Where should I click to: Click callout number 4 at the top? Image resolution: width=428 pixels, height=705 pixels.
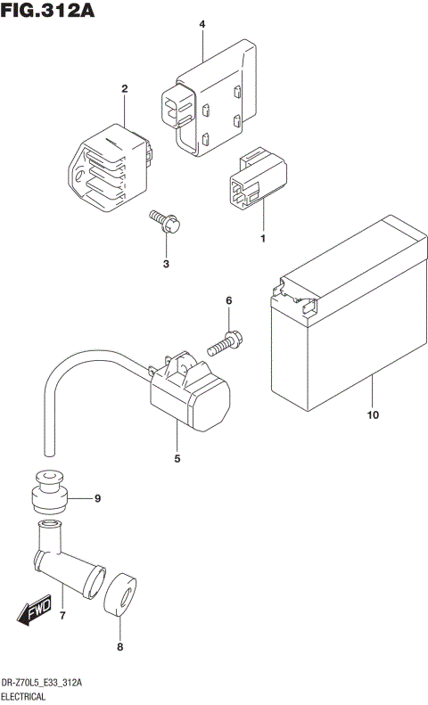(x=202, y=24)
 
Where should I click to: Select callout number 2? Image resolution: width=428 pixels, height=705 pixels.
(x=124, y=88)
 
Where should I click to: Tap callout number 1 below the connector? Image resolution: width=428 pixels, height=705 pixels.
(x=263, y=239)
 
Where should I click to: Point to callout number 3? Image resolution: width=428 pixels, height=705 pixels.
(x=166, y=264)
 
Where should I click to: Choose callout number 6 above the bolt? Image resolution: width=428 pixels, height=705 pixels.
(x=228, y=301)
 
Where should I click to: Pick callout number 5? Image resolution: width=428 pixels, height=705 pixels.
(x=177, y=459)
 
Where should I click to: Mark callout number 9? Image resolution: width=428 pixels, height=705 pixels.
(x=97, y=497)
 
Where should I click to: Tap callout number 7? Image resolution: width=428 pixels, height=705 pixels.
(x=62, y=616)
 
